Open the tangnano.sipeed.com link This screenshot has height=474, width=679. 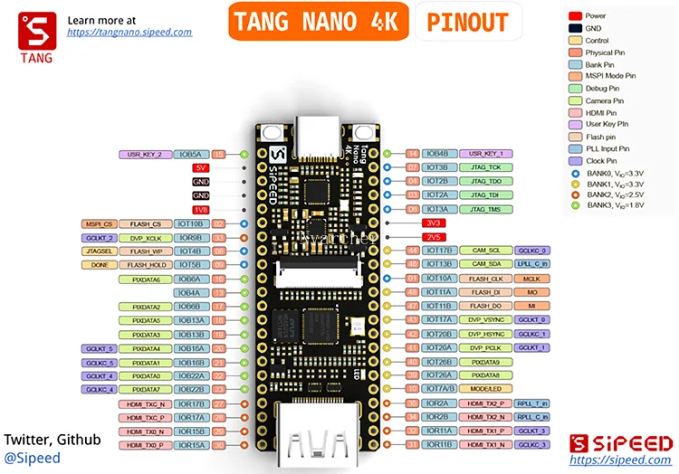[129, 32]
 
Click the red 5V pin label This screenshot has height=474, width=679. [201, 167]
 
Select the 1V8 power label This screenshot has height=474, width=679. [201, 209]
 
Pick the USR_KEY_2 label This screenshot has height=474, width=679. [145, 154]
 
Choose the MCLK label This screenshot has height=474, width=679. [532, 279]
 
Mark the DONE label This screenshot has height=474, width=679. [99, 265]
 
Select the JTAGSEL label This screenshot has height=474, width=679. [99, 251]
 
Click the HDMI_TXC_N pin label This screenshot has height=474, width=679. [146, 403]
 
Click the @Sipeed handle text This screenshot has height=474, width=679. [33, 458]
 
